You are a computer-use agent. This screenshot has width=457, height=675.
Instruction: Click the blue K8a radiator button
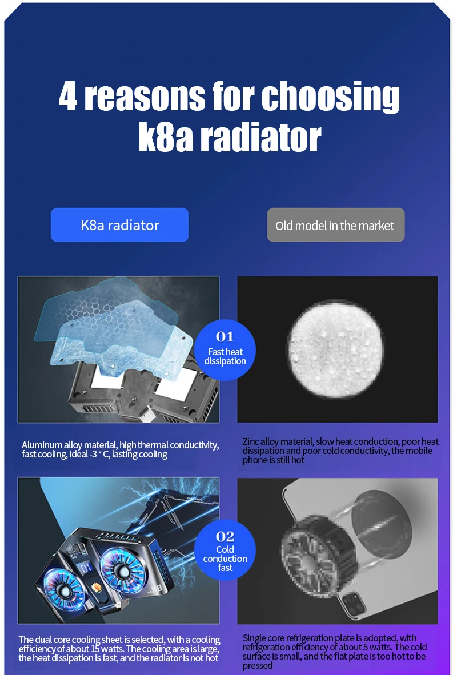pos(119,225)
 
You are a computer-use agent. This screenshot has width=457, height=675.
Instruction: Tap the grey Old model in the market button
pos(335,225)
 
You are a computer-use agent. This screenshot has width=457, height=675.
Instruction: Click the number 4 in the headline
pos(68,97)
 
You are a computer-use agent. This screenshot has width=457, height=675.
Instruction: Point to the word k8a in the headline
pos(166,137)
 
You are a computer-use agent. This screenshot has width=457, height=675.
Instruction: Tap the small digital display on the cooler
pos(86,568)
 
